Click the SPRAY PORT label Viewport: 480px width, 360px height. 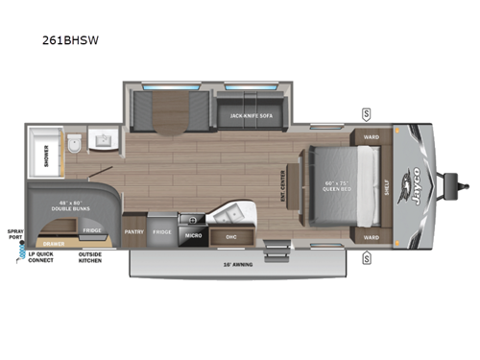click(x=14, y=235)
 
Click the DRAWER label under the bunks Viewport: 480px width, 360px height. click(x=55, y=244)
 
